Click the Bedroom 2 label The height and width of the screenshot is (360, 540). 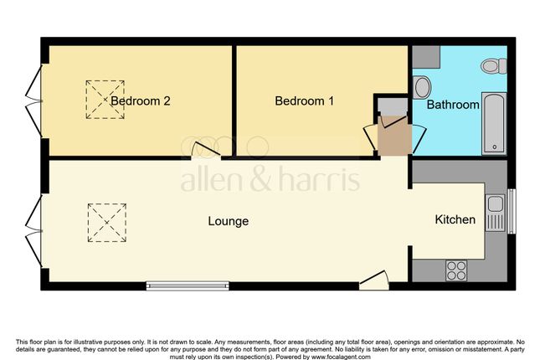click(140, 101)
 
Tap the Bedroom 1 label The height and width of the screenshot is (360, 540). click(305, 101)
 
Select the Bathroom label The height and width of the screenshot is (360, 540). click(453, 105)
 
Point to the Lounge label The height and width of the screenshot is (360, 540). click(229, 221)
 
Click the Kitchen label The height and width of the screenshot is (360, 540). click(455, 219)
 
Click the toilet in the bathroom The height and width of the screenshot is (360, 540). click(494, 66)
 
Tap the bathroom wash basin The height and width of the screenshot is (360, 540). click(422, 88)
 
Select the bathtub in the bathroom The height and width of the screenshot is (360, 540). click(494, 123)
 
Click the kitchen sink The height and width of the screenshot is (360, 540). click(495, 213)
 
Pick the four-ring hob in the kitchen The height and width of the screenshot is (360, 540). click(456, 270)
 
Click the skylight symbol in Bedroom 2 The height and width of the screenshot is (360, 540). click(105, 100)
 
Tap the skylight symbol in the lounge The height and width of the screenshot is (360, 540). click(107, 223)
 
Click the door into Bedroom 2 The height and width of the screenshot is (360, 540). click(206, 151)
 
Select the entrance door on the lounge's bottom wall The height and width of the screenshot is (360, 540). click(374, 280)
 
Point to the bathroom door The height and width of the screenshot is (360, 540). click(419, 138)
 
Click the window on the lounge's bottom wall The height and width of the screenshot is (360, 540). click(188, 286)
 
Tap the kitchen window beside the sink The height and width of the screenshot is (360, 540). click(512, 211)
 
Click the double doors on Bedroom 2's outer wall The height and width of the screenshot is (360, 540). click(34, 101)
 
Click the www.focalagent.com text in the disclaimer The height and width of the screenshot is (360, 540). click(341, 357)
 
